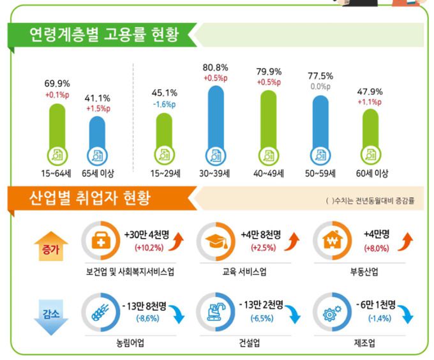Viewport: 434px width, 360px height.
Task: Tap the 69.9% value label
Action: tap(57, 84)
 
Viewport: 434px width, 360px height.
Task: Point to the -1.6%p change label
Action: tap(165, 105)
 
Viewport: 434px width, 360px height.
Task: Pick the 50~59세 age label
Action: tap(320, 173)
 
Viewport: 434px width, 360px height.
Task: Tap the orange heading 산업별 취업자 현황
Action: tap(89, 197)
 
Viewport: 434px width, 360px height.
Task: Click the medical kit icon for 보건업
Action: tap(102, 241)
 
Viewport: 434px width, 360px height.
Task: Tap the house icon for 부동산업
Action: tap(333, 241)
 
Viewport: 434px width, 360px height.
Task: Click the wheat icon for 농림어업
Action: tap(102, 311)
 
